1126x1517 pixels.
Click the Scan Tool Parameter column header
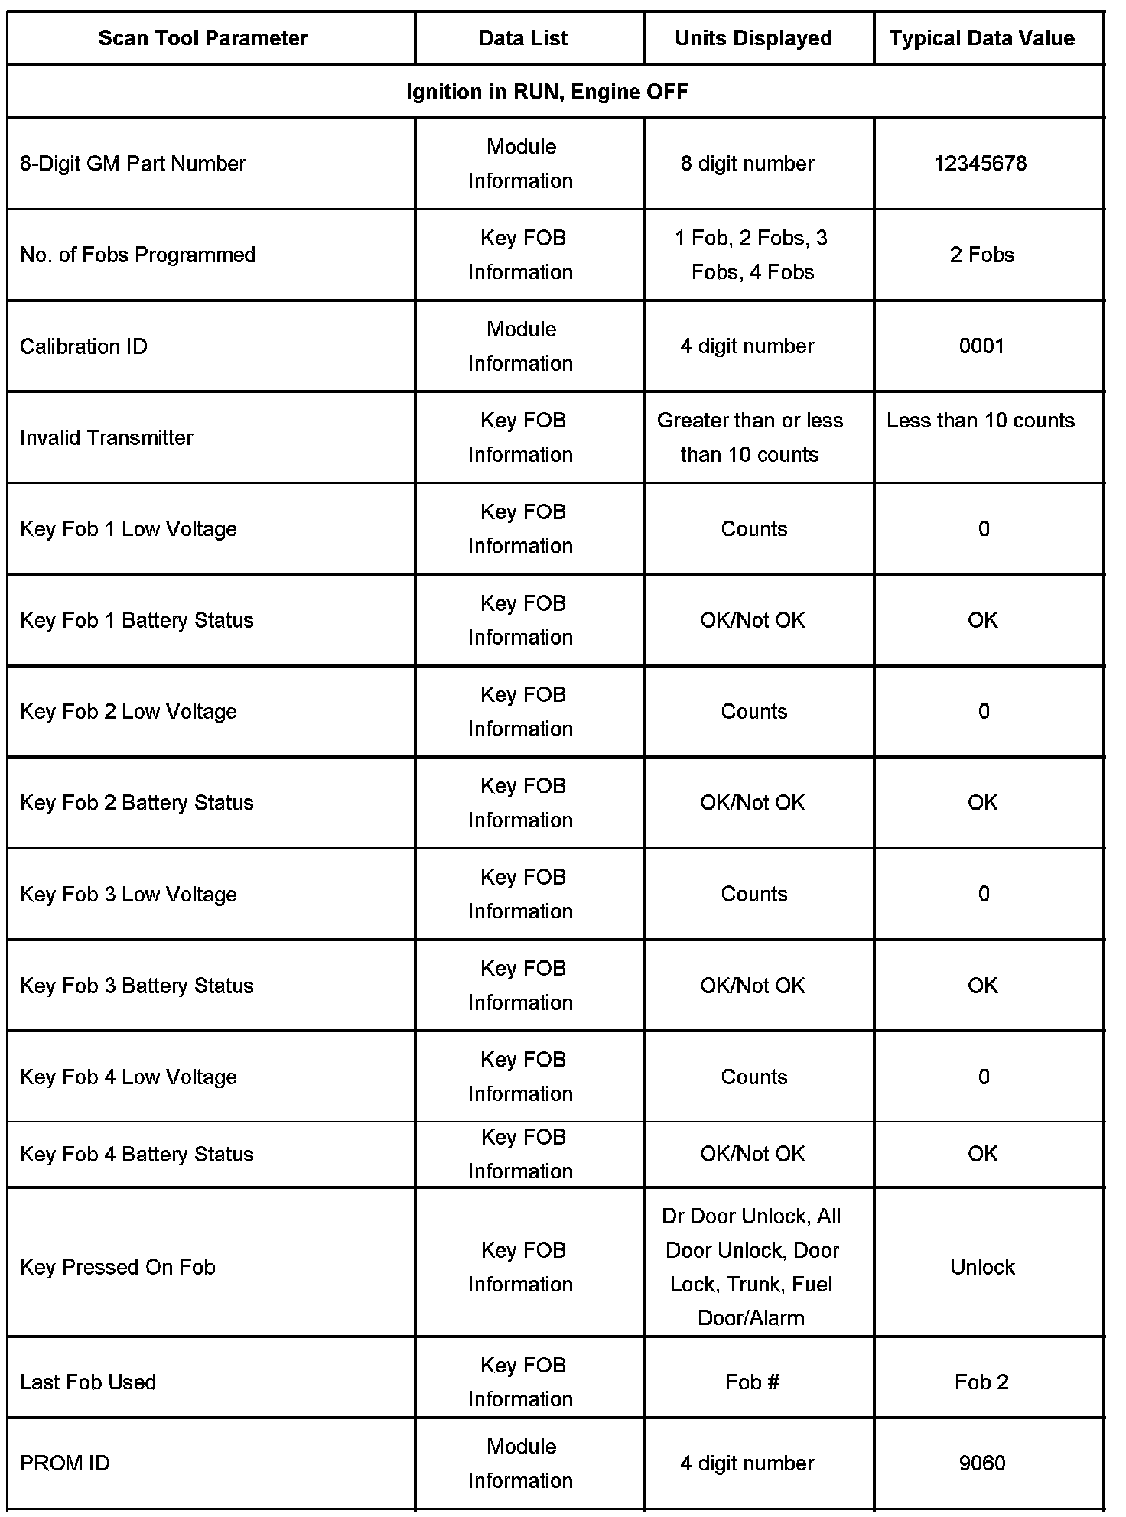click(x=203, y=38)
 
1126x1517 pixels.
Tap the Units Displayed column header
click(x=753, y=38)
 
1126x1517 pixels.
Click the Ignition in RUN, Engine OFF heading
click(x=547, y=92)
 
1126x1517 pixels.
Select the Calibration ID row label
click(x=83, y=346)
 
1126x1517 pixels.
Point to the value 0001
click(x=981, y=346)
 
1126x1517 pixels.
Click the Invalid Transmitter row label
click(x=106, y=437)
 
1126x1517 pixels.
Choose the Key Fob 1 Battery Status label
click(x=136, y=620)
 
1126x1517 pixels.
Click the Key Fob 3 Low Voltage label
click(x=128, y=894)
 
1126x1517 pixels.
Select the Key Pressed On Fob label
click(x=117, y=1267)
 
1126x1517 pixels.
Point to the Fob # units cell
click(x=752, y=1382)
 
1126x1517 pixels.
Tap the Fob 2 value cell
click(x=981, y=1382)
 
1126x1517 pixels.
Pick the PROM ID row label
click(x=64, y=1463)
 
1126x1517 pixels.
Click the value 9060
click(x=981, y=1463)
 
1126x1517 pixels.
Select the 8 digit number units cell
click(x=747, y=164)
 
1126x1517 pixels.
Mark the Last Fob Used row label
click(x=87, y=1382)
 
